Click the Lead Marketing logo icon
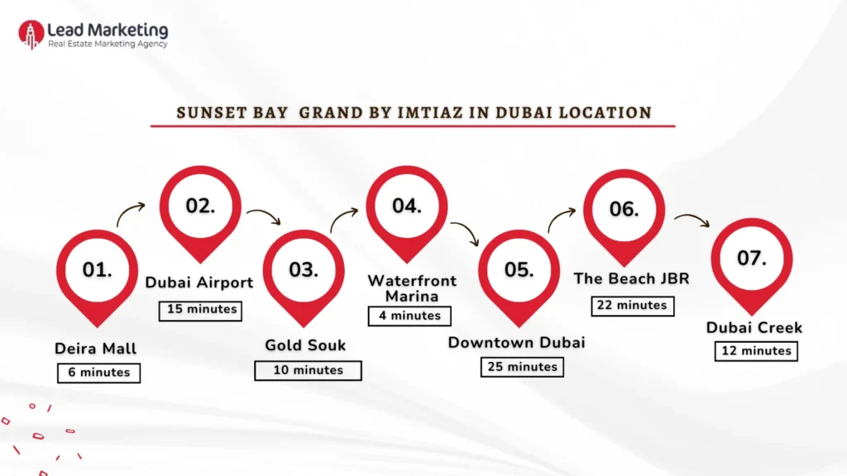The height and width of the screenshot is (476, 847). (31, 34)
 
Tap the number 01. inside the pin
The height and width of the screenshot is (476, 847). (98, 270)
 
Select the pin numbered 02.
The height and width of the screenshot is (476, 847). (200, 207)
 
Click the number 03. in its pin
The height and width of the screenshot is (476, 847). (304, 270)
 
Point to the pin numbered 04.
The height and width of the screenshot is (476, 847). (407, 207)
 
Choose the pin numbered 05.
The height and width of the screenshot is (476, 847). (519, 270)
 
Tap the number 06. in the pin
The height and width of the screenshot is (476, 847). (624, 209)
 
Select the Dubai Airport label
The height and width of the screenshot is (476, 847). (199, 283)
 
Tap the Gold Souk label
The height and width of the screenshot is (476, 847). (305, 345)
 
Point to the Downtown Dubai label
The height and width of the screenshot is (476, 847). (516, 342)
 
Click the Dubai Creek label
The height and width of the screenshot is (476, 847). (754, 328)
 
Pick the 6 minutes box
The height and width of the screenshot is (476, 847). (99, 373)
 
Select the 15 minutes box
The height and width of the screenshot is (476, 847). (199, 310)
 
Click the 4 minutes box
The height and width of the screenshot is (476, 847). (410, 316)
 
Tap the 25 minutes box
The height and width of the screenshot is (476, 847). (522, 366)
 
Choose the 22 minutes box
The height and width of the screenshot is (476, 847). (633, 305)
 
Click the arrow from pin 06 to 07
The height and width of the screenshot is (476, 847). (691, 220)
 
